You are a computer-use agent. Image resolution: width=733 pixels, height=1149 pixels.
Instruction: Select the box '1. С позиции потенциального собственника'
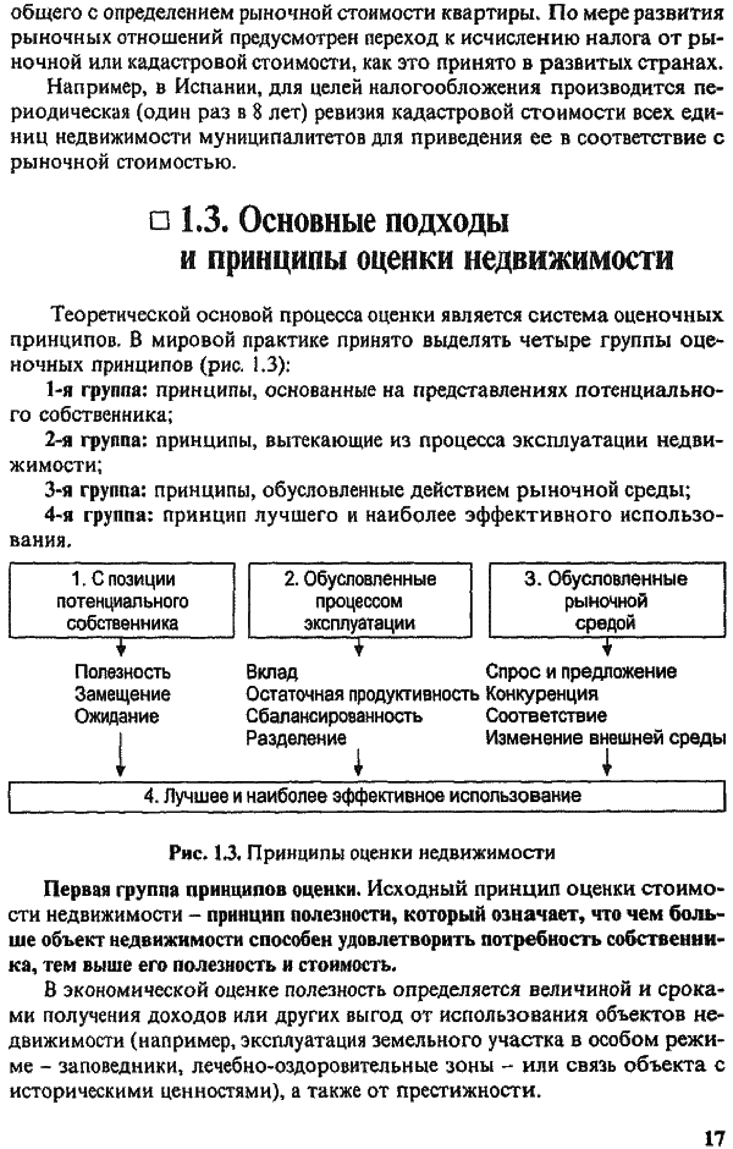point(122,600)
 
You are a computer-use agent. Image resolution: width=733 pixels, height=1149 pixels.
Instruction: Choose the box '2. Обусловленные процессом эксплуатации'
point(360,600)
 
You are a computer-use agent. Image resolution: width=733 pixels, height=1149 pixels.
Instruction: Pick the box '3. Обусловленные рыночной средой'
point(607,600)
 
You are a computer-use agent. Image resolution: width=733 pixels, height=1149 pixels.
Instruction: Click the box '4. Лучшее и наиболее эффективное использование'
point(366,796)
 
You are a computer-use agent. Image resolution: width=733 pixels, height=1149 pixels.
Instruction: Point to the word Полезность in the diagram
point(122,672)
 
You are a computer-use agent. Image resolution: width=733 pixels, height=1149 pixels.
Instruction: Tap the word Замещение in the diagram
point(122,694)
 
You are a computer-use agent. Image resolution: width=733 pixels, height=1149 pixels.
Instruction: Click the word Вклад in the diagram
point(272,672)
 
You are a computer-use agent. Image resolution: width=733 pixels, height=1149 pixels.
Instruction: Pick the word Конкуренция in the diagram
point(541,693)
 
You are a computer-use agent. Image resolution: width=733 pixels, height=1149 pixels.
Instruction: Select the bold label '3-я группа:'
point(95,490)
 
